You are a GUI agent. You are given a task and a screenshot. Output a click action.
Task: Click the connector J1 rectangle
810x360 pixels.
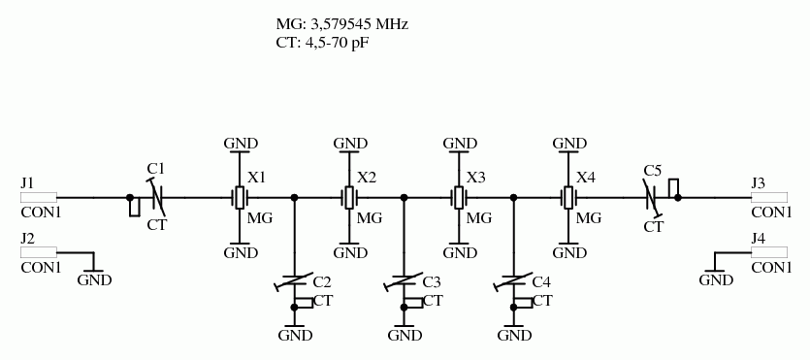pyautogui.click(x=39, y=197)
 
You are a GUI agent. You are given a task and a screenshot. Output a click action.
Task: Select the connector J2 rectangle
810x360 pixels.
pyautogui.click(x=39, y=252)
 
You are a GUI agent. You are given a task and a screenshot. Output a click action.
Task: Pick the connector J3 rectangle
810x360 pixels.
pyautogui.click(x=770, y=197)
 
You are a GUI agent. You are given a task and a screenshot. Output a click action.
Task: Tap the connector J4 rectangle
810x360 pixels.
pyautogui.click(x=770, y=252)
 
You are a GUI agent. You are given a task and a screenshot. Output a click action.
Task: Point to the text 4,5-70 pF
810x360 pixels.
pyautogui.click(x=339, y=44)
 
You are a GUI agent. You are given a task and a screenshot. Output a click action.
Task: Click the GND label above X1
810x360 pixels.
pyautogui.click(x=241, y=144)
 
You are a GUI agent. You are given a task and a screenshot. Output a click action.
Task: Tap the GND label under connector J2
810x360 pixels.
pyautogui.click(x=94, y=280)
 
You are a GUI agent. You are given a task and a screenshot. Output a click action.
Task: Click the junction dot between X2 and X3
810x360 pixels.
pyautogui.click(x=405, y=197)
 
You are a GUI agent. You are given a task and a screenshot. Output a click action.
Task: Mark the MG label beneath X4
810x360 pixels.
pyautogui.click(x=589, y=217)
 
